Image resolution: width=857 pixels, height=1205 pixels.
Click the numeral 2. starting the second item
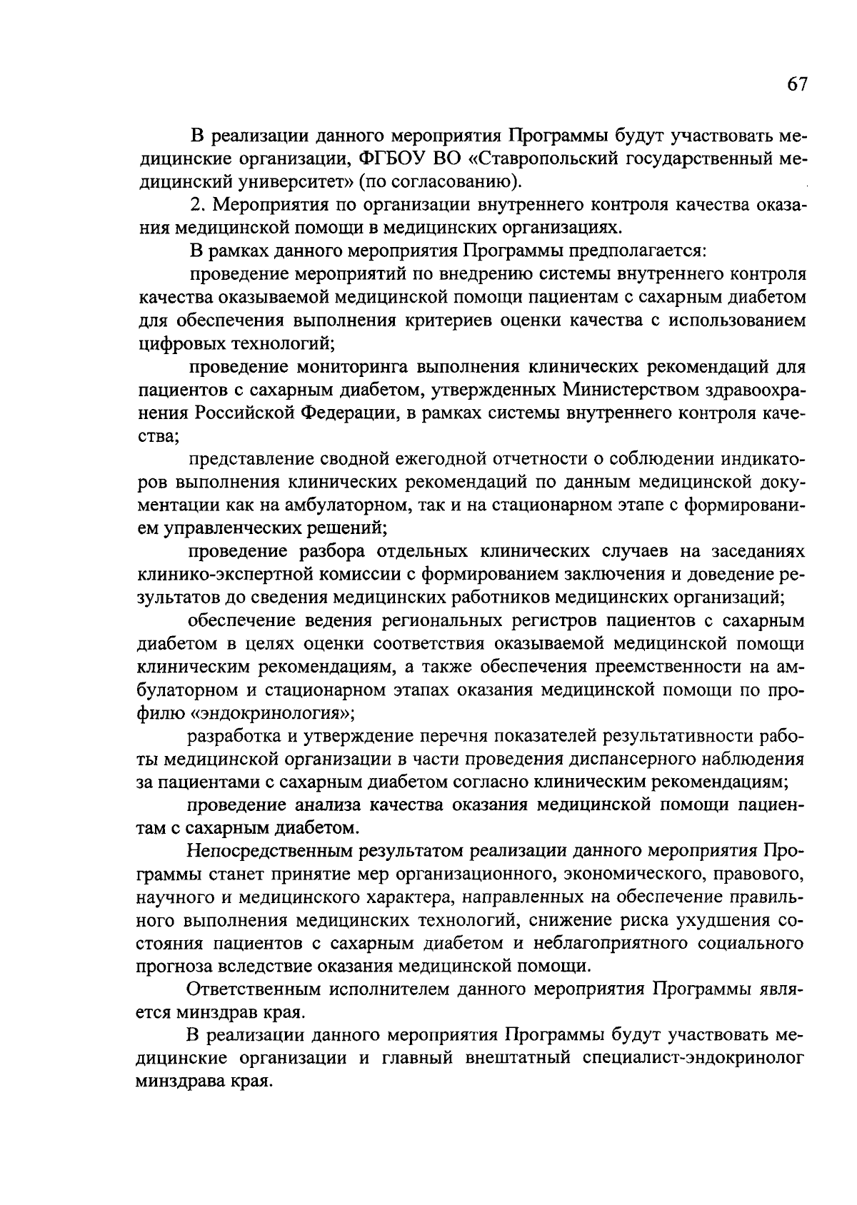198,205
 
